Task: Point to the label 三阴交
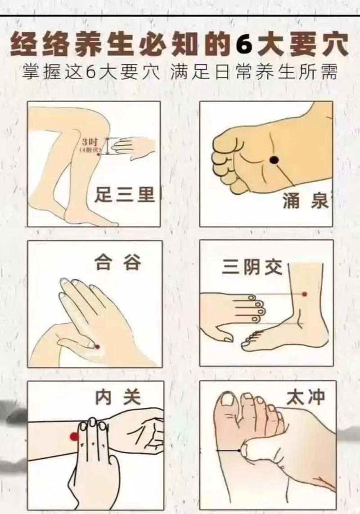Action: [x=252, y=268]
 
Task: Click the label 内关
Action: [x=118, y=397]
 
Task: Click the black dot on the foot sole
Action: [x=273, y=159]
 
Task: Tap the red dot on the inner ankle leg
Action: [x=305, y=294]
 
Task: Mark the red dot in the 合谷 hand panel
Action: [x=97, y=346]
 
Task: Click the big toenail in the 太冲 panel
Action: [x=229, y=400]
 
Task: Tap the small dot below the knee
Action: [x=99, y=154]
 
